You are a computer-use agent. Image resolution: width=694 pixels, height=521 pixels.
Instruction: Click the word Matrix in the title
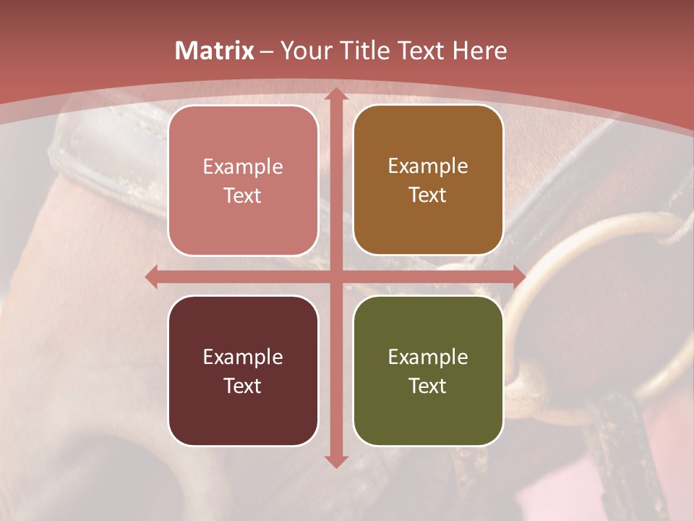coord(215,51)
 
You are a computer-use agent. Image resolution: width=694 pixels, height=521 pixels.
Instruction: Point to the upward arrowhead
coord(335,94)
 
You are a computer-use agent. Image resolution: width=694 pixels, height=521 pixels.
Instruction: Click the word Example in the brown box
coord(428,166)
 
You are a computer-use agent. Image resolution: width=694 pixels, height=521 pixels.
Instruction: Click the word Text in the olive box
coord(428,386)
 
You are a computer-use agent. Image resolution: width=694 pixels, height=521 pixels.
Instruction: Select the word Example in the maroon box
coord(243,357)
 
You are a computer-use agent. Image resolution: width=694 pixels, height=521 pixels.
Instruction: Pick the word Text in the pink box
coord(243,195)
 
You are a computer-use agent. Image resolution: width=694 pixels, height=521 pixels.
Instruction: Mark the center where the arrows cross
coord(335,276)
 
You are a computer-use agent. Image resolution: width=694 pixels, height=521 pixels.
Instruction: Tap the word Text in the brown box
coord(428,195)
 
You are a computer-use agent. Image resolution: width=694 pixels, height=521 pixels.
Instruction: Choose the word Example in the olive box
coord(428,357)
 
